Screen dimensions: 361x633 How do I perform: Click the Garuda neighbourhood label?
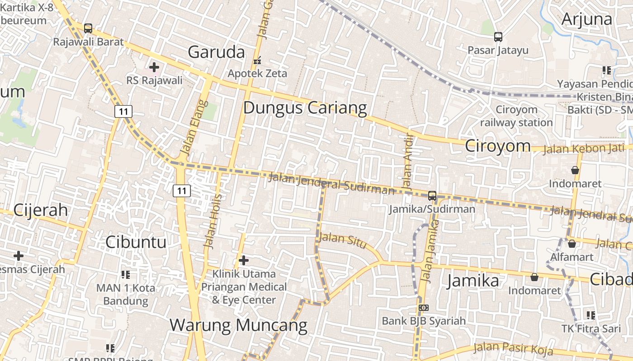pos(216,52)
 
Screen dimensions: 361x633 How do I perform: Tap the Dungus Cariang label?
pos(305,108)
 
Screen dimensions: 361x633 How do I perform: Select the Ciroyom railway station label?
pos(516,116)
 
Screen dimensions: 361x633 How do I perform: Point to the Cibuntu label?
pos(136,242)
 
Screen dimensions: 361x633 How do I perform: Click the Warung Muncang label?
pos(238,325)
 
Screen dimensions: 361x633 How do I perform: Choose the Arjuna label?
pos(586,19)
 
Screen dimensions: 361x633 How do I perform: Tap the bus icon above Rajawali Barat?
pos(88,28)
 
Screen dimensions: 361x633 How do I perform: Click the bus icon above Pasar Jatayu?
pos(498,37)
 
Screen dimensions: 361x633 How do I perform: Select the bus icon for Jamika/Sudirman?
pos(432,196)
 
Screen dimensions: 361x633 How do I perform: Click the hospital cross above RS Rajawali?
pos(154,68)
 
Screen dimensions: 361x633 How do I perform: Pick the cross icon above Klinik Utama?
pos(244,260)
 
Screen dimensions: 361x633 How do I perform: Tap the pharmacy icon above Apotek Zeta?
pos(257,60)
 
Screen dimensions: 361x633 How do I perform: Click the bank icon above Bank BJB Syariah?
pos(424,308)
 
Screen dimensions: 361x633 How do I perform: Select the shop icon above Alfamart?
pos(572,244)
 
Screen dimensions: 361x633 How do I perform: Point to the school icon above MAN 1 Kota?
pos(126,274)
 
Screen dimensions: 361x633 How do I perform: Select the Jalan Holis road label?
pos(213,221)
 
